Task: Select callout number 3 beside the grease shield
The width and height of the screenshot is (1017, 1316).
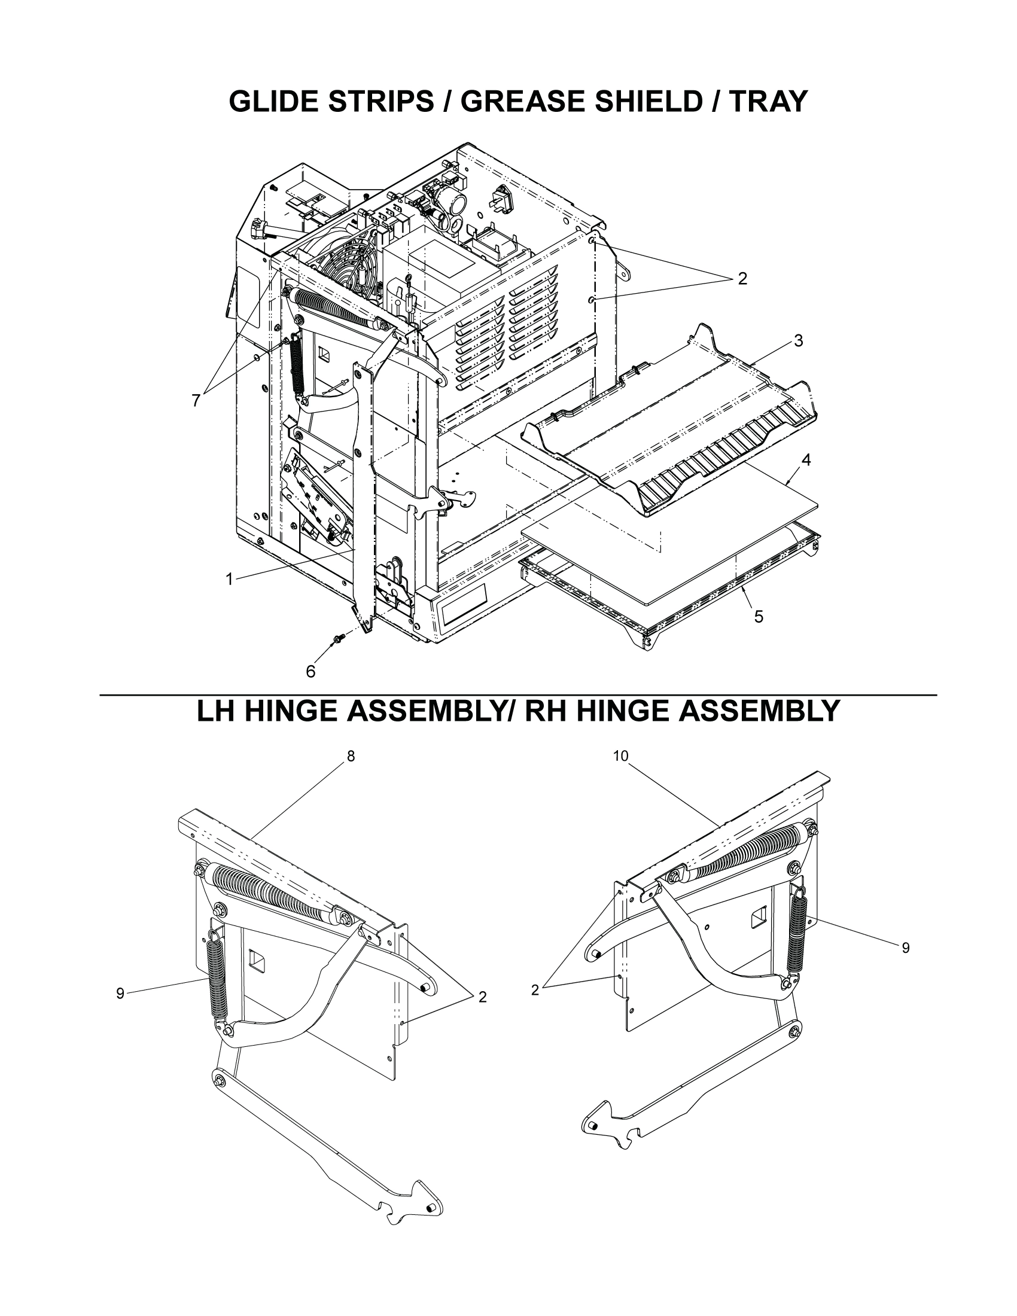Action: tap(798, 340)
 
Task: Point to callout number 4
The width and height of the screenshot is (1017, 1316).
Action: tap(806, 461)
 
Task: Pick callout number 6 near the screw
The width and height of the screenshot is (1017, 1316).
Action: tap(310, 671)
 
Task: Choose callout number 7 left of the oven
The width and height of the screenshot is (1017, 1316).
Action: tap(195, 400)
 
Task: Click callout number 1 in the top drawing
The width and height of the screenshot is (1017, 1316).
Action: tap(229, 579)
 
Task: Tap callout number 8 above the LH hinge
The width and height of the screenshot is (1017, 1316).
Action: tap(351, 756)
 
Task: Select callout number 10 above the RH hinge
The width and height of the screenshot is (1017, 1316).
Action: tap(620, 756)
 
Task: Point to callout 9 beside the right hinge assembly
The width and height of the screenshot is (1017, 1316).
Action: tap(906, 948)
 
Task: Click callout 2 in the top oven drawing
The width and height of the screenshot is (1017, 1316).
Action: tap(742, 278)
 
